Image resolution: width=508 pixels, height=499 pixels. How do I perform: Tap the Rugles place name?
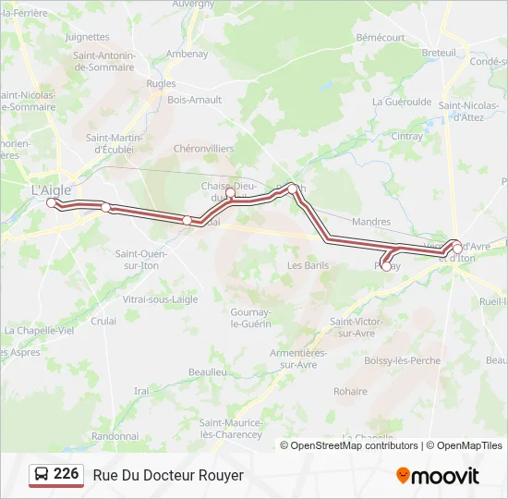click(x=161, y=83)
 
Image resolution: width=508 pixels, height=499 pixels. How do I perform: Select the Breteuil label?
click(x=439, y=53)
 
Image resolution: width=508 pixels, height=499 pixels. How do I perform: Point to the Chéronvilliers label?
click(x=204, y=148)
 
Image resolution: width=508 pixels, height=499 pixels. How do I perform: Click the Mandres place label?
click(x=371, y=223)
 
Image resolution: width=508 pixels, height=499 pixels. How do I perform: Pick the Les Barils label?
click(x=308, y=265)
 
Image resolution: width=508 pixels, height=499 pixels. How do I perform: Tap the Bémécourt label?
click(x=381, y=38)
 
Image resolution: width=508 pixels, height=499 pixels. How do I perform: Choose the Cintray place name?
click(x=407, y=136)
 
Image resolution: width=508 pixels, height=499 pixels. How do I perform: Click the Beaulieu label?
click(x=208, y=371)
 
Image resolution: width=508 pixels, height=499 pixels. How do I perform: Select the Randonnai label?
click(x=115, y=435)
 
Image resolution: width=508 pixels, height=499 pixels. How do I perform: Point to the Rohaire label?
click(x=350, y=391)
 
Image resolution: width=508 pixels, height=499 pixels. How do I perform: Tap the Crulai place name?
click(x=103, y=321)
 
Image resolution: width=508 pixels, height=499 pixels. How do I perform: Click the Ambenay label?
click(x=187, y=54)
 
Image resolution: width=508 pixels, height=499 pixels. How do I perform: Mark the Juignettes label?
click(x=88, y=37)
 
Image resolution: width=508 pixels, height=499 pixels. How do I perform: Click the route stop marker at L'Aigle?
click(x=52, y=202)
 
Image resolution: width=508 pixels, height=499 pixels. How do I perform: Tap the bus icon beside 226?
click(x=42, y=475)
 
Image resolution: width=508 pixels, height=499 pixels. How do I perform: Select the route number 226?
click(x=67, y=474)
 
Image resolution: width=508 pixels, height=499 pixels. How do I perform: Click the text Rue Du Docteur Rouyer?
click(x=168, y=475)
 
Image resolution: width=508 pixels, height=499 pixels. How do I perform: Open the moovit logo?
click(x=438, y=476)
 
